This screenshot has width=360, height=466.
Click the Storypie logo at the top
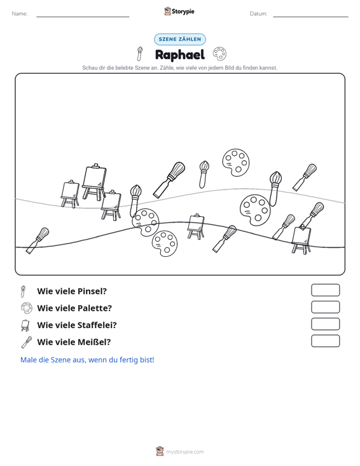tap(179, 11)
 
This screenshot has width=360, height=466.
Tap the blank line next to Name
tap(83, 17)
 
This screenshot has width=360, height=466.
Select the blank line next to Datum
tap(310, 17)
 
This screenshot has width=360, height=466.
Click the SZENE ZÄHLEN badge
tap(180, 39)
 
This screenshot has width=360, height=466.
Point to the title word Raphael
tap(180, 55)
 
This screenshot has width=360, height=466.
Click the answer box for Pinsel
tap(325, 290)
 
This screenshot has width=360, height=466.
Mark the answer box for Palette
tap(325, 307)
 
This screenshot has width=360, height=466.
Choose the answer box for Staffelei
tap(325, 324)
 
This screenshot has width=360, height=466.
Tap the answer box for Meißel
tap(325, 341)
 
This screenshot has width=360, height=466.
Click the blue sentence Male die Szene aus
tap(87, 360)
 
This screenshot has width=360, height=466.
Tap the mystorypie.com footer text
tap(184, 452)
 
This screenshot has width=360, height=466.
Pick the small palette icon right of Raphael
tap(219, 54)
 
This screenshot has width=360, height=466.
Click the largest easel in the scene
tap(94, 181)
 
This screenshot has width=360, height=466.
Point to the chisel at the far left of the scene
tap(38, 240)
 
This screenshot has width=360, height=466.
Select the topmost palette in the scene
tap(236, 162)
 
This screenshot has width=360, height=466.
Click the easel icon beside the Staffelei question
tap(25, 325)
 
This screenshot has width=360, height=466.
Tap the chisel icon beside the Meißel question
tap(27, 342)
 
